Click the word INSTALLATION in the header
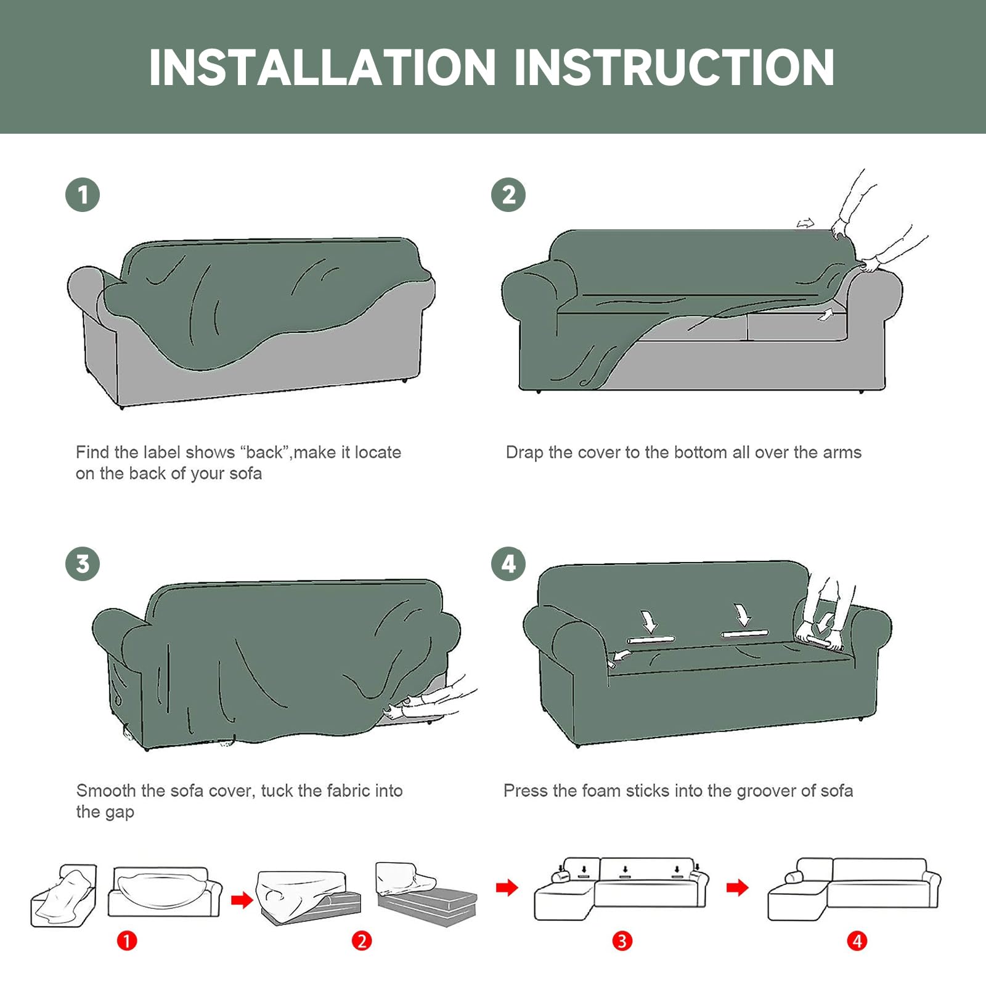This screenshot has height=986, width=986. pos(322,67)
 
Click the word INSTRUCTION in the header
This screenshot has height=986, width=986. pos(674,67)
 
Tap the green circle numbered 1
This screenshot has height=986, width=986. pos(83,195)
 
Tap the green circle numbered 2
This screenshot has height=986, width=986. pos(508,195)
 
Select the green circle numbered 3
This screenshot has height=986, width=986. pos(83,564)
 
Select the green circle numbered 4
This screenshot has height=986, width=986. pos(508,564)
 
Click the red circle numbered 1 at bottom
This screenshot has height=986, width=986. pos(127,941)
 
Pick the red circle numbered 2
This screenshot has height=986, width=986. pos(362,941)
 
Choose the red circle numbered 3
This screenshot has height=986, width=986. pos(622,941)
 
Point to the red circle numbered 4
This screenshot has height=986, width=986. pos(857,941)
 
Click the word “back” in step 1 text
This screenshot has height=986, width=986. pos(265,453)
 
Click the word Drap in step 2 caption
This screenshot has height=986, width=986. pos(524,453)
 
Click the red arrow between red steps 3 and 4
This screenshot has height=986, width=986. pos(737,888)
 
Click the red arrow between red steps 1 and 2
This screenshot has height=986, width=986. pos(242,900)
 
